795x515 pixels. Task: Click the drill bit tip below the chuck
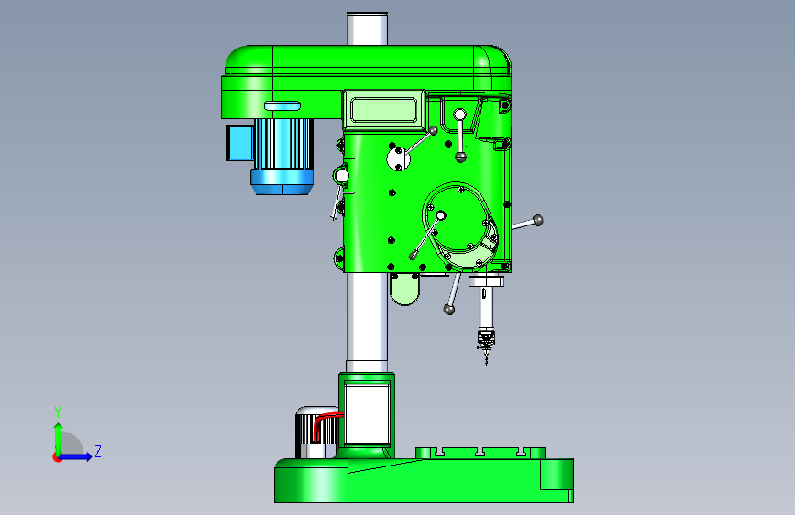[x=487, y=364]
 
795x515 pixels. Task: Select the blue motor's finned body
[x=283, y=144]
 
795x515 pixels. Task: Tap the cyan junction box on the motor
[x=240, y=143]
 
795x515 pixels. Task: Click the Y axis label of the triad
[x=58, y=411]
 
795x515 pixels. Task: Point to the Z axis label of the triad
[x=98, y=451]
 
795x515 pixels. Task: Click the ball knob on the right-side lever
[x=538, y=220]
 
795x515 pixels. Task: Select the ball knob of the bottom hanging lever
[x=448, y=309]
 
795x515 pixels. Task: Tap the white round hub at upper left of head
[x=399, y=159]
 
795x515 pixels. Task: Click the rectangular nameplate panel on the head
[x=384, y=110]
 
